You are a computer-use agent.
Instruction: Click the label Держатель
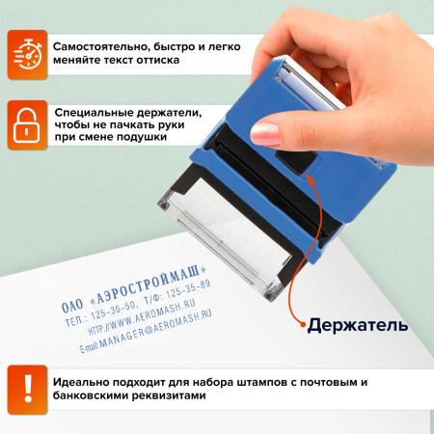point(357,325)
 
